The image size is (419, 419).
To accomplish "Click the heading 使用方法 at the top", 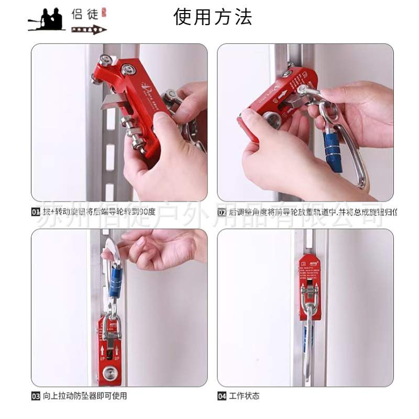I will pyautogui.click(x=213, y=17).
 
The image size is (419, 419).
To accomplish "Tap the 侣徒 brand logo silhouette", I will pyautogui.click(x=47, y=20).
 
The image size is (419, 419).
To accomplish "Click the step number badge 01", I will pyautogui.click(x=36, y=213).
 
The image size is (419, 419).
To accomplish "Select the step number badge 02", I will pyautogui.click(x=222, y=213).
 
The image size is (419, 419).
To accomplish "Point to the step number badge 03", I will pyautogui.click(x=36, y=396).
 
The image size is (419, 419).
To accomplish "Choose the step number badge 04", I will pyautogui.click(x=222, y=396).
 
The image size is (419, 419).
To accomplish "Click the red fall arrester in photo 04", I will pyautogui.click(x=310, y=285).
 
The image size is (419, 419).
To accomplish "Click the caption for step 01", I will pyautogui.click(x=100, y=213).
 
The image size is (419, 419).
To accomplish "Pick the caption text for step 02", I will pyautogui.click(x=313, y=213).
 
